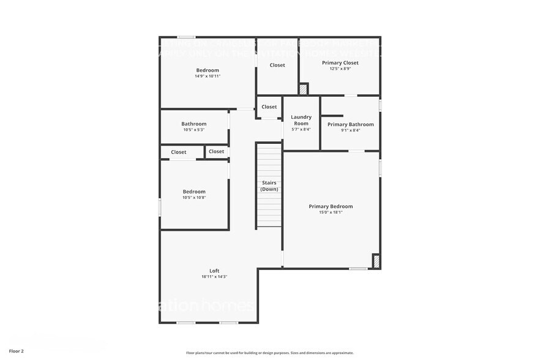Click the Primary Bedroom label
[x=331, y=206]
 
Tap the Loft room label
[x=214, y=271]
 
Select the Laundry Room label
[x=301, y=120]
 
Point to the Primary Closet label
[x=340, y=62]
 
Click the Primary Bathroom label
[x=350, y=124]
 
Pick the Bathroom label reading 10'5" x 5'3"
[x=193, y=124]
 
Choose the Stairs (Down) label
[x=269, y=186]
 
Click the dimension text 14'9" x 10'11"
[x=208, y=76]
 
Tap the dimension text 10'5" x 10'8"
[x=194, y=197]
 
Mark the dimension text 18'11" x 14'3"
[x=214, y=277]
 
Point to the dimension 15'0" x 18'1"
[x=331, y=212]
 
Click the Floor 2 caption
[x=17, y=351]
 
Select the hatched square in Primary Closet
[x=303, y=89]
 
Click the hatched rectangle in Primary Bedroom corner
[x=376, y=261]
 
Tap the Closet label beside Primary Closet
[x=277, y=65]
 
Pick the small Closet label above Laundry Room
[x=269, y=107]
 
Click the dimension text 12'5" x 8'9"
[x=340, y=69]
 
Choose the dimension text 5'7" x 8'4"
[x=301, y=129]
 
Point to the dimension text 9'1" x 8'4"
[x=350, y=130]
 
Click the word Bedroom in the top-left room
[x=208, y=70]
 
